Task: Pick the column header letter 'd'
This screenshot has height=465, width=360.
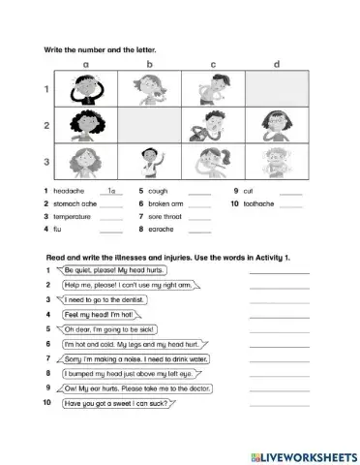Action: pyautogui.click(x=277, y=66)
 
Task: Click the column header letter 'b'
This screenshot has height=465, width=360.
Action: pyautogui.click(x=150, y=66)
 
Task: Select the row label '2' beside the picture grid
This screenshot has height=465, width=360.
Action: pyautogui.click(x=45, y=124)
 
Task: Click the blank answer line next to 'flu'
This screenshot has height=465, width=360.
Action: pyautogui.click(x=111, y=231)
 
